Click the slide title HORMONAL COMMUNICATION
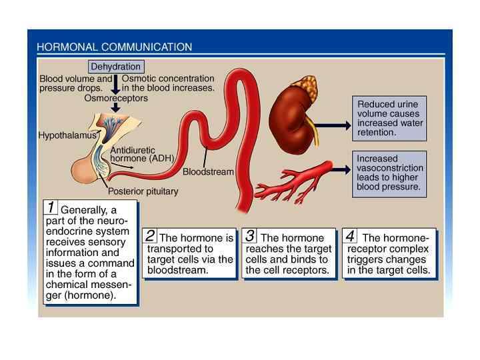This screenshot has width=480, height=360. pos(114,47)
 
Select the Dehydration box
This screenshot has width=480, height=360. pos(115,67)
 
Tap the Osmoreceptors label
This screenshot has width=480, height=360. pos(116,98)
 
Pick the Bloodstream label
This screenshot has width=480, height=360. pos(208,171)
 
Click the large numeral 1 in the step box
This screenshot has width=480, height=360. pos(51,208)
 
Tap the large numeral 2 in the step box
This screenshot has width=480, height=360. pos(150,235)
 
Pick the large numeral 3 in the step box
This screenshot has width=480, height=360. pos(249,235)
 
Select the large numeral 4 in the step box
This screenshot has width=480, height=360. pos(349,235)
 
